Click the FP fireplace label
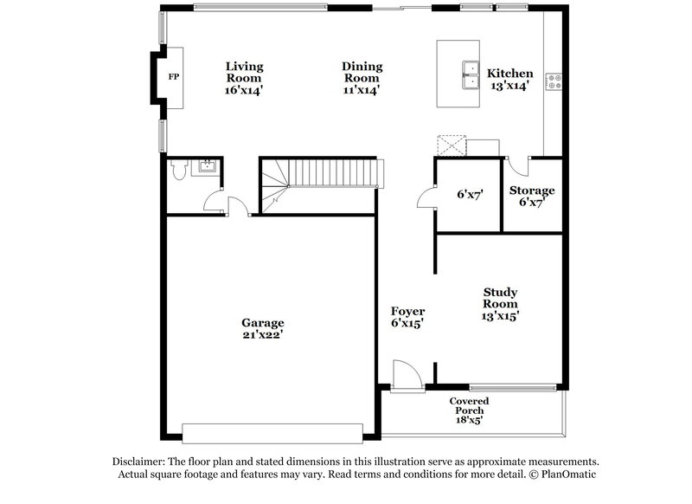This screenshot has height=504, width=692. [x=173, y=77]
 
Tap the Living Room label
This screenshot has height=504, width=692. [x=244, y=77]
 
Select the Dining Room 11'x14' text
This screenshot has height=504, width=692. [x=362, y=77]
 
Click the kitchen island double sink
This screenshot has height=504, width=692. [x=471, y=75]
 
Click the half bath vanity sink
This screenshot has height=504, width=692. [x=208, y=166]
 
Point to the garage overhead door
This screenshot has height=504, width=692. [x=272, y=432]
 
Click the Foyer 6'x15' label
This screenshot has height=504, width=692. [x=407, y=317]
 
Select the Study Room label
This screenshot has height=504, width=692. [x=500, y=298]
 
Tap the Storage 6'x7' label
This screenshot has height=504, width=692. [x=531, y=197]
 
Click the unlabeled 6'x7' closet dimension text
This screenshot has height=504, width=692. [x=469, y=196]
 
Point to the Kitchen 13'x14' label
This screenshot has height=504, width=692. [x=509, y=80]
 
